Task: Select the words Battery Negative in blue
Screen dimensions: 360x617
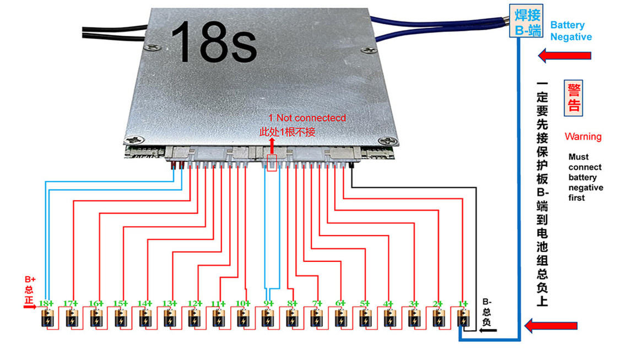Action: [571, 31]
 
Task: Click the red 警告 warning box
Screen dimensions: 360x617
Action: [573, 98]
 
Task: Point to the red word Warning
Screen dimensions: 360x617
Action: [583, 136]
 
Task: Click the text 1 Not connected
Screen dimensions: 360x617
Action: [307, 118]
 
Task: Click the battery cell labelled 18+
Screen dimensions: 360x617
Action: [47, 319]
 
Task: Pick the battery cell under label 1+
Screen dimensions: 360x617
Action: [463, 319]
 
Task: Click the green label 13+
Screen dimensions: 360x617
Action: [169, 303]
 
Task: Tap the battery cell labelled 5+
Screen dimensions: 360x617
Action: [365, 319]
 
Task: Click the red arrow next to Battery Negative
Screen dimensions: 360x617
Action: [565, 55]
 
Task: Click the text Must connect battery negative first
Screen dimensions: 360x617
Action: [585, 177]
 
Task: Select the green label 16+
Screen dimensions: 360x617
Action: [96, 303]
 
